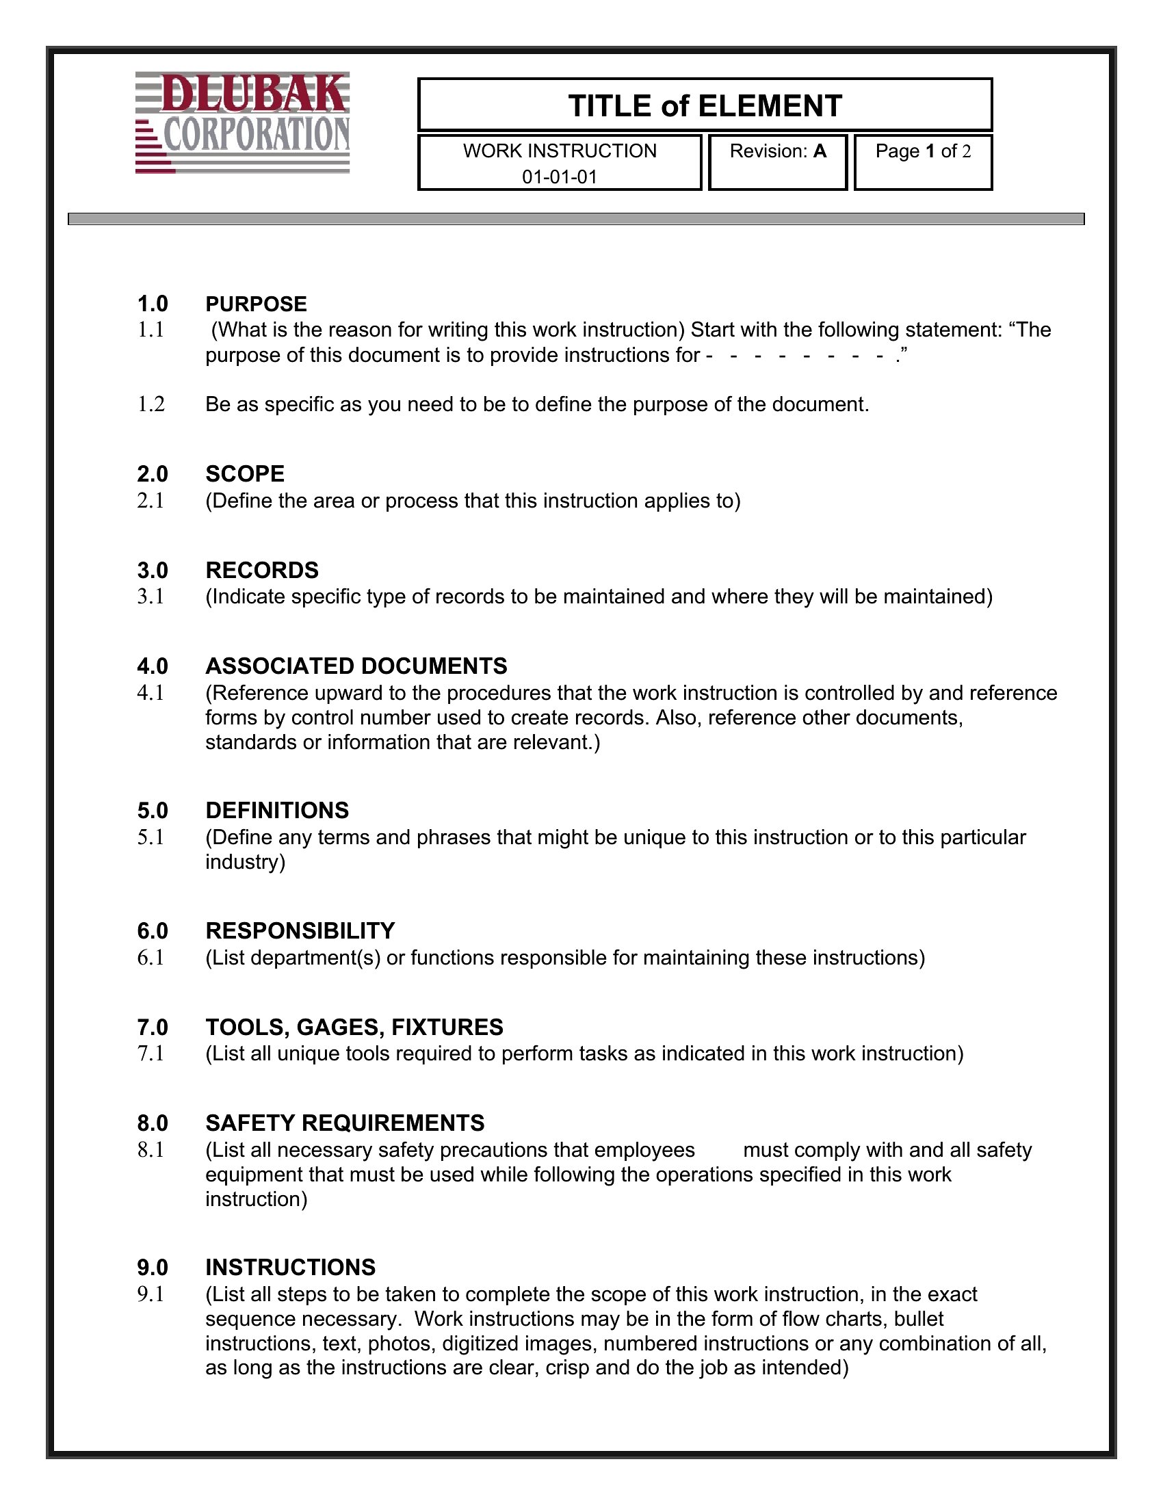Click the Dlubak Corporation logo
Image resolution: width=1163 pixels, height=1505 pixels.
pyautogui.click(x=243, y=122)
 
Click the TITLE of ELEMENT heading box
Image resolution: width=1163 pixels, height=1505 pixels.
pyautogui.click(x=705, y=105)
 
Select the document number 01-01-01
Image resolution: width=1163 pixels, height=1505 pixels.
pyautogui.click(x=559, y=177)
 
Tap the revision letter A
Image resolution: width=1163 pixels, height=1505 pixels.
pyautogui.click(x=819, y=151)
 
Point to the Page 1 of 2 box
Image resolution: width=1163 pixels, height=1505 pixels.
pyautogui.click(x=923, y=161)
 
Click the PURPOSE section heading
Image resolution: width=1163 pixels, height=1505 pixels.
pyautogui.click(x=256, y=304)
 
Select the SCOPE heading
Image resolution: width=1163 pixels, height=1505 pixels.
pyautogui.click(x=245, y=474)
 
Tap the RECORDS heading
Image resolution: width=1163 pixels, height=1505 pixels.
pyautogui.click(x=262, y=570)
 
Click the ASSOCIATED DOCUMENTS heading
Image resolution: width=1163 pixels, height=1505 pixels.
pyautogui.click(x=356, y=666)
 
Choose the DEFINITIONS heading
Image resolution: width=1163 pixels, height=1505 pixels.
pyautogui.click(x=277, y=811)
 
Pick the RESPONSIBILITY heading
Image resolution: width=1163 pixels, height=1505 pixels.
pyautogui.click(x=300, y=931)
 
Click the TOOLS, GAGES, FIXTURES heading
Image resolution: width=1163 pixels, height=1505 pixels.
pyautogui.click(x=354, y=1027)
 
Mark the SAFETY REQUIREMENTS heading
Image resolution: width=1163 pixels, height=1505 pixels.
pyautogui.click(x=345, y=1123)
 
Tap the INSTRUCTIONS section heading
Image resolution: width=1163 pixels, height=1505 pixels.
pyautogui.click(x=290, y=1267)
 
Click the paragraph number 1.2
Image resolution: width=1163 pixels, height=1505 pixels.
pyautogui.click(x=151, y=404)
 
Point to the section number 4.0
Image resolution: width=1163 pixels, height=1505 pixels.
pyautogui.click(x=153, y=666)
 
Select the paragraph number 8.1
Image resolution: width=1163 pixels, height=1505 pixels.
pyautogui.click(x=151, y=1149)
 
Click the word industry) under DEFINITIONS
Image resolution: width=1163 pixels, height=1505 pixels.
pyautogui.click(x=245, y=862)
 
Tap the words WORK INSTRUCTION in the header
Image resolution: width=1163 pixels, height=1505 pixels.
pyautogui.click(x=560, y=151)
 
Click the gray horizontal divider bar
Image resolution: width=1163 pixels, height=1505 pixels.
pyautogui.click(x=576, y=219)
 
